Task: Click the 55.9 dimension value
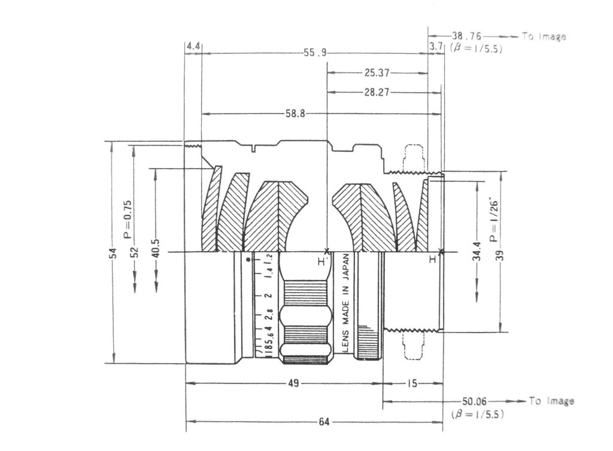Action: coord(315,52)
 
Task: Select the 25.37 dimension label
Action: coord(377,72)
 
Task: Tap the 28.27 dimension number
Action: coord(377,92)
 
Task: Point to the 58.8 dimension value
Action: coord(295,114)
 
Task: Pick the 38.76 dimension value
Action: coord(466,36)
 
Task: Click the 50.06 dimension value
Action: coord(474,401)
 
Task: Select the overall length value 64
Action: coord(324,422)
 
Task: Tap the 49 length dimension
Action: coord(293,383)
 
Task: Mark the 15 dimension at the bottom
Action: coord(412,383)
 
